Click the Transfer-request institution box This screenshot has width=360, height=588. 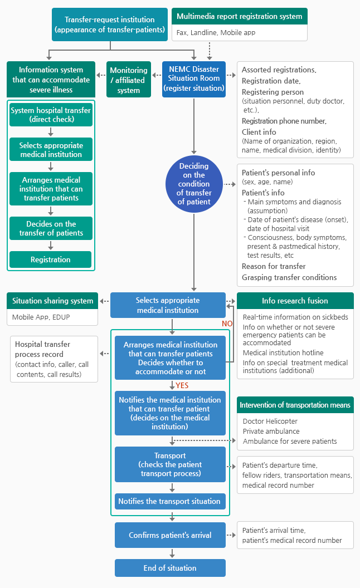[110, 24]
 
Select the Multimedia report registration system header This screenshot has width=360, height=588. [240, 16]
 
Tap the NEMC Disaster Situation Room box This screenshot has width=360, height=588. [194, 79]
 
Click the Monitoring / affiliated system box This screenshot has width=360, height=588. [129, 80]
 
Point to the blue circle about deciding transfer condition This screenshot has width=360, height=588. [194, 184]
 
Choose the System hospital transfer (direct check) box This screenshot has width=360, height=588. [51, 115]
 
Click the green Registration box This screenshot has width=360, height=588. [50, 259]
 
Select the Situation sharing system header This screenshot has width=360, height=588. [52, 301]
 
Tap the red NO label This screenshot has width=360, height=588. [227, 324]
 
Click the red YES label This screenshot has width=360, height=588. [182, 385]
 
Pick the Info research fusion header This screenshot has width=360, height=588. [295, 301]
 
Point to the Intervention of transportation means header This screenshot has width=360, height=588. [295, 405]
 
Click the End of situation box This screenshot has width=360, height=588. [170, 568]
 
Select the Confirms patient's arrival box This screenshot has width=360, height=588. [170, 535]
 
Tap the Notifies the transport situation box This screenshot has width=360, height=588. [170, 501]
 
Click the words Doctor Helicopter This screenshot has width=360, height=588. [270, 421]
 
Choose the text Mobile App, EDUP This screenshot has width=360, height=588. [41, 317]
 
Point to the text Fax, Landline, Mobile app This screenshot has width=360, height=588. [216, 33]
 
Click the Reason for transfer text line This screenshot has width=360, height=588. [274, 266]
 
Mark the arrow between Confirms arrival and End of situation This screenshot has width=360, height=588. [172, 553]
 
